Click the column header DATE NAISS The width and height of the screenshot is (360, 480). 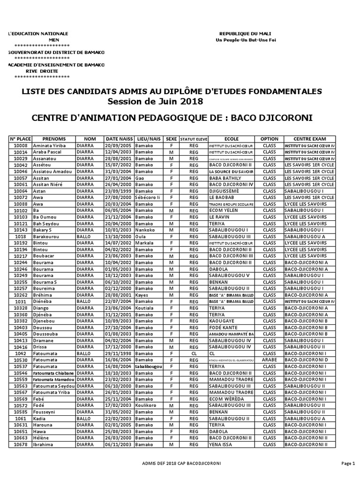click(x=119, y=139)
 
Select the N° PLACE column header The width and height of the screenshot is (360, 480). click(x=20, y=139)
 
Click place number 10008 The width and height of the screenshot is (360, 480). click(x=20, y=146)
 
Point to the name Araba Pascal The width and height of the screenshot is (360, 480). click(x=47, y=152)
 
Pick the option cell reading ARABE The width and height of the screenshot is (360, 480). click(x=270, y=360)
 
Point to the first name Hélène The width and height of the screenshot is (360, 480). click(x=41, y=437)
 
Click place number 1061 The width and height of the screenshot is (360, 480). click(x=20, y=418)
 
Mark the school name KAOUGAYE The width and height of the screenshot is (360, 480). click(x=222, y=321)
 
